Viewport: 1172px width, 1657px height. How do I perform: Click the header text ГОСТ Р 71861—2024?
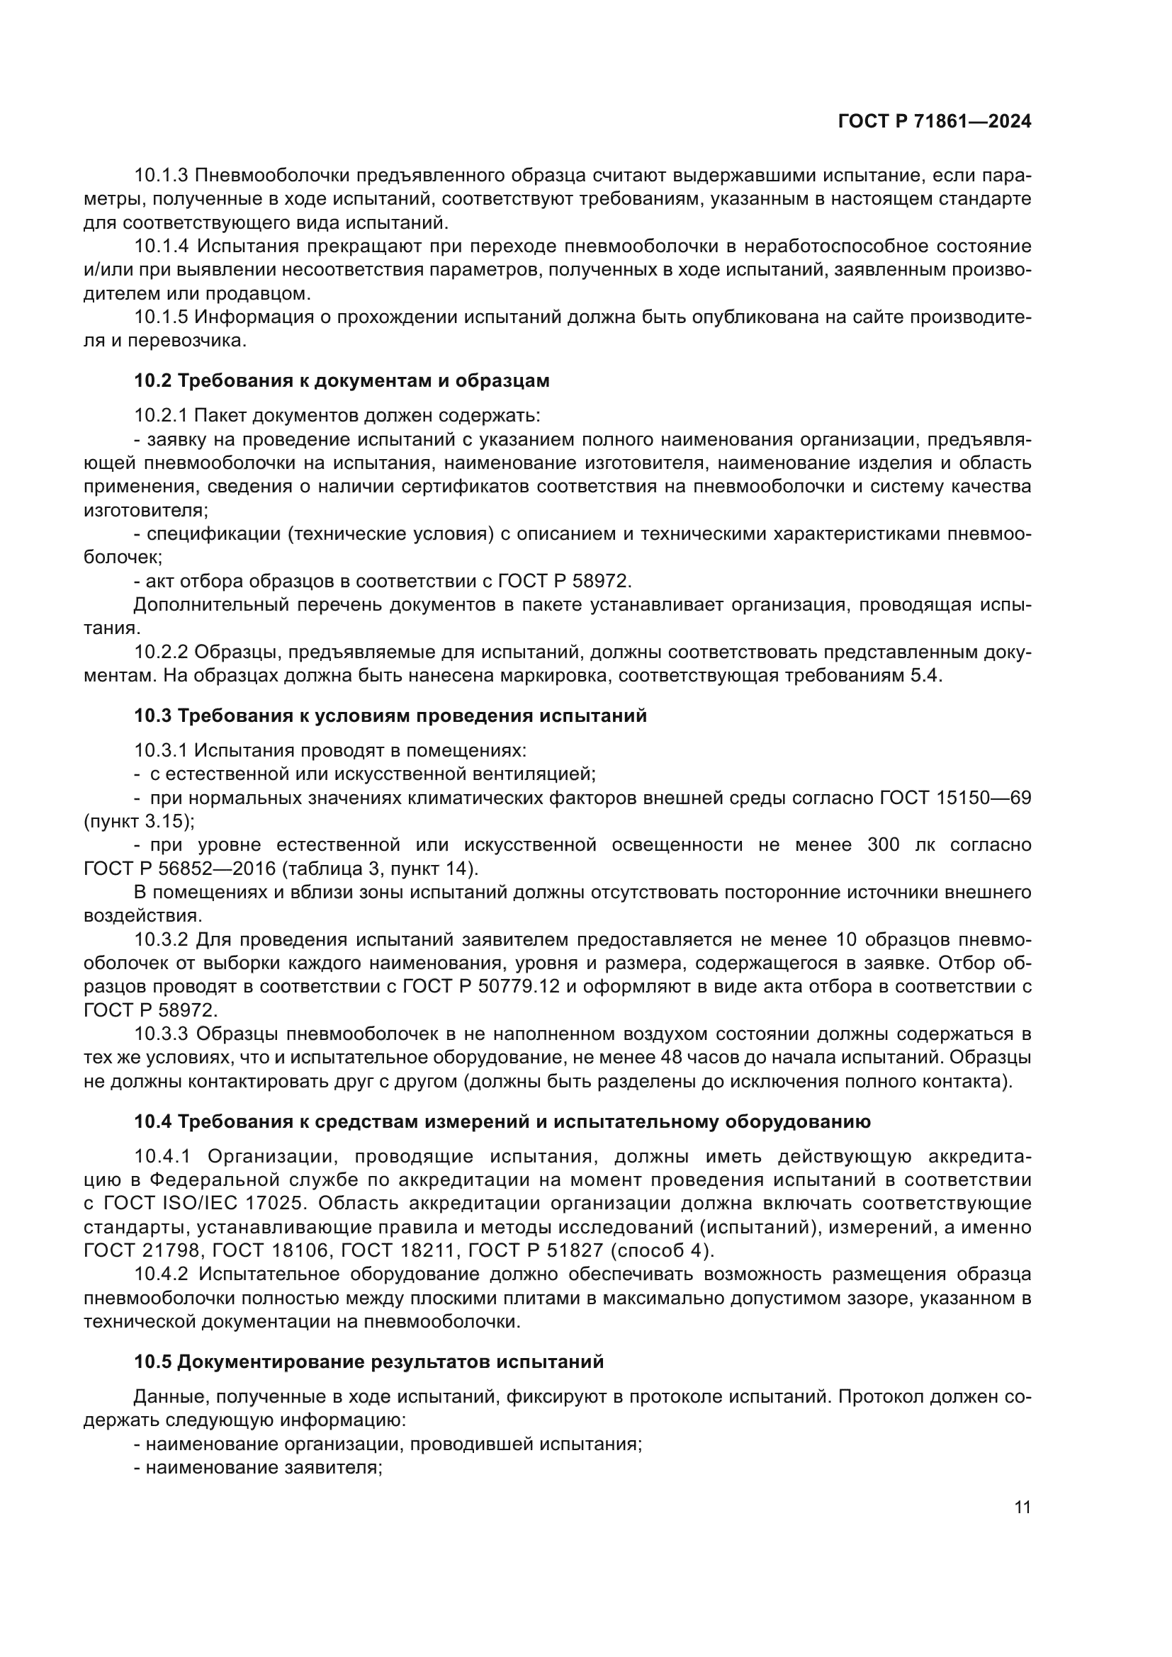click(x=935, y=122)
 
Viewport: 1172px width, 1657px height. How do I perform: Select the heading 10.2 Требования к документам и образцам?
click(x=342, y=380)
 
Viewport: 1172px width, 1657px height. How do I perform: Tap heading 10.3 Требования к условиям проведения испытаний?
click(x=390, y=716)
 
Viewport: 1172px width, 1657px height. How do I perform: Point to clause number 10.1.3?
click(x=161, y=175)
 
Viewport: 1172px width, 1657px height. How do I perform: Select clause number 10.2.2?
click(x=161, y=652)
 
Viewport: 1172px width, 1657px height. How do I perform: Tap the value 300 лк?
click(x=898, y=844)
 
